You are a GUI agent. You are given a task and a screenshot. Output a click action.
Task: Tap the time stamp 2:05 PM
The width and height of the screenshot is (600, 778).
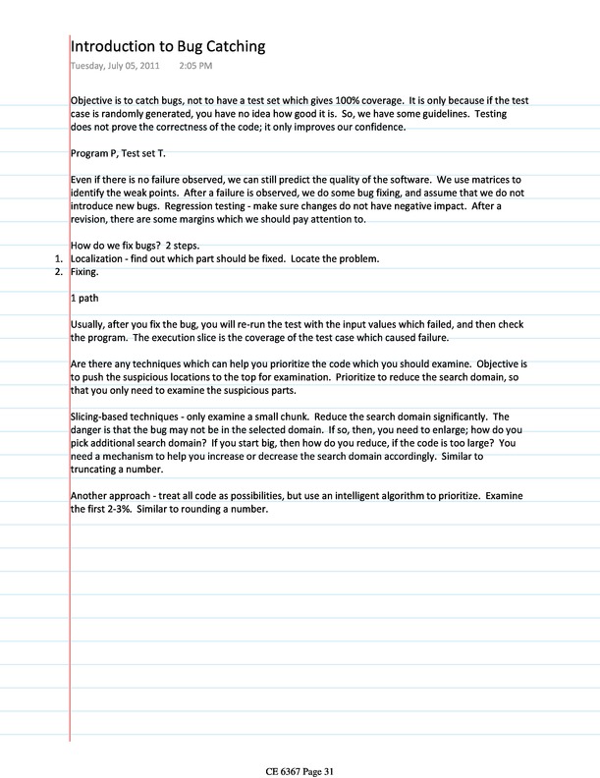(x=195, y=66)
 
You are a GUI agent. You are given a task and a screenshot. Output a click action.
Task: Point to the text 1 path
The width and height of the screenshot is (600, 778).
(x=85, y=297)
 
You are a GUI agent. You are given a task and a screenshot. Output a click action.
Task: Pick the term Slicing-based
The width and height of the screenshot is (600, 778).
(x=101, y=416)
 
